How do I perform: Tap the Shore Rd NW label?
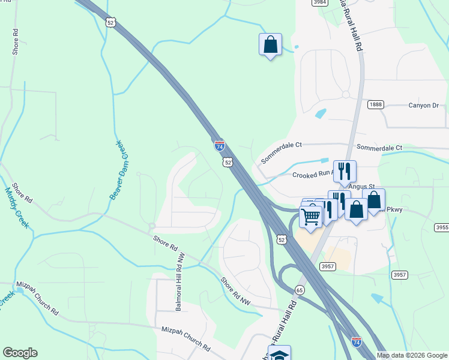235,290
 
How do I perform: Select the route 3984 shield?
319,2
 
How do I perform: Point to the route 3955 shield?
442,227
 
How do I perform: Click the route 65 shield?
299,289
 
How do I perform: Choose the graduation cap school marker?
279,354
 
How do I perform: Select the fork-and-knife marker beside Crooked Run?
345,170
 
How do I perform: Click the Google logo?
20,353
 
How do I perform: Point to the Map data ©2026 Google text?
412,355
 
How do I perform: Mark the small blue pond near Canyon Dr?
321,113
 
